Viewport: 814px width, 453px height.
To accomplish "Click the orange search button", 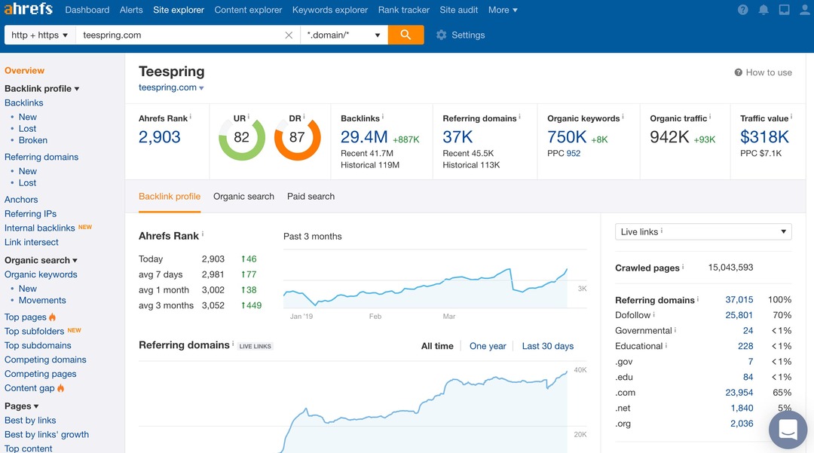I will [405, 35].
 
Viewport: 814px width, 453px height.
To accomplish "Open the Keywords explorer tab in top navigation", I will [330, 10].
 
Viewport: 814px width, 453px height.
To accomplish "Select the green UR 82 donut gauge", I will [241, 137].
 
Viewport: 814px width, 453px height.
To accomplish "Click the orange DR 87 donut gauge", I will [297, 137].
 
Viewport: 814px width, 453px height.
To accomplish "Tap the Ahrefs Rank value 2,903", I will [160, 136].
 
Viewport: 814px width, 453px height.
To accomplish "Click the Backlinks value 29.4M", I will [364, 136].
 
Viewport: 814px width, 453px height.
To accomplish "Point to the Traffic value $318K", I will [764, 136].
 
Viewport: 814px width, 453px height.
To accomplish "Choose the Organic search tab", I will [243, 197].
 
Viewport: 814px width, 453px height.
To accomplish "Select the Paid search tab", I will [311, 197].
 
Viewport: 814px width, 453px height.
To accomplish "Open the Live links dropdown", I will [702, 232].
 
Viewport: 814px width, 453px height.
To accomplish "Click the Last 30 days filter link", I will [547, 346].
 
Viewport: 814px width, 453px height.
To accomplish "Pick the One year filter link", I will [488, 346].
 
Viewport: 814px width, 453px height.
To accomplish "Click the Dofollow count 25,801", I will [739, 315].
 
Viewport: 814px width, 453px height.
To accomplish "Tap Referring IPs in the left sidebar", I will [30, 214].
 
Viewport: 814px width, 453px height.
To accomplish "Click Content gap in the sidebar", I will [29, 388].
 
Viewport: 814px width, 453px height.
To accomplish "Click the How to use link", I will [763, 72].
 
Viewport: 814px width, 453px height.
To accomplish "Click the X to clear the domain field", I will [289, 35].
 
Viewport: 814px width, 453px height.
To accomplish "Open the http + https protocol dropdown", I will [40, 35].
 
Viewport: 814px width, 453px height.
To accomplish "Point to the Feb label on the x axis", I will [375, 317].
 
